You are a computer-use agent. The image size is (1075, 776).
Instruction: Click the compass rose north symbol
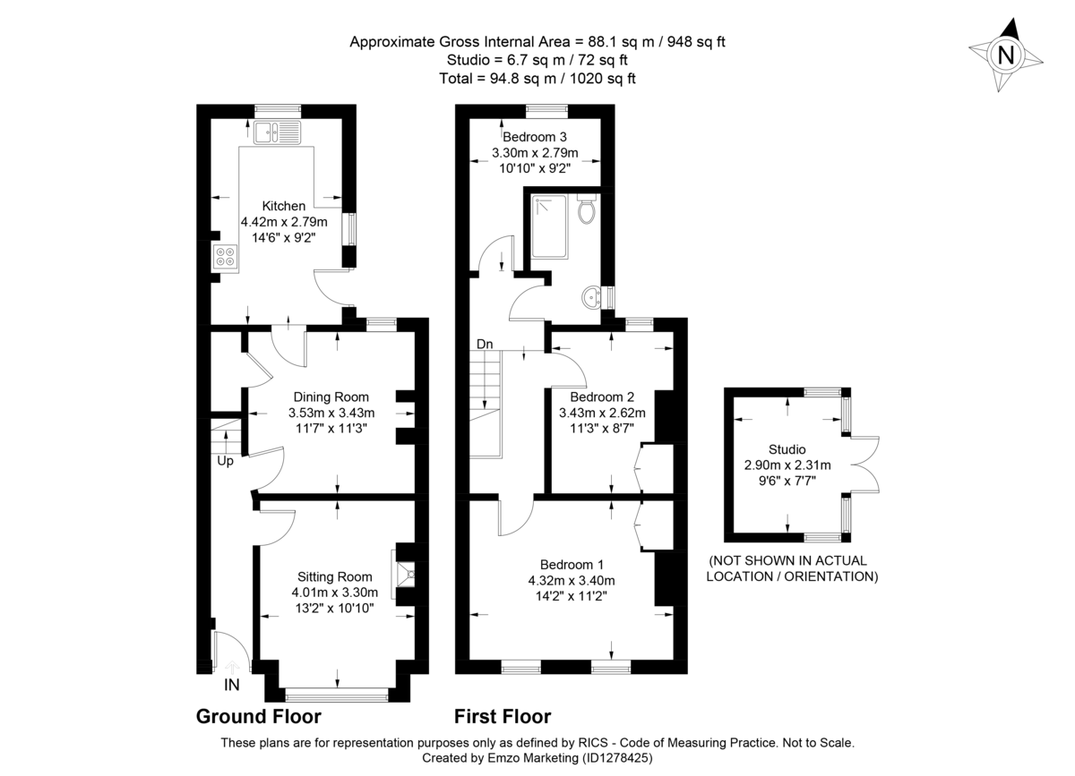[x=1006, y=55]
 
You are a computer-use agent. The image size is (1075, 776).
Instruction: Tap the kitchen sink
[x=279, y=133]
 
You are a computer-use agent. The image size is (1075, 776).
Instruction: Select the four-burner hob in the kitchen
[x=224, y=258]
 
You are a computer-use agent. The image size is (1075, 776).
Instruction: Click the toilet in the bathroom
[x=587, y=210]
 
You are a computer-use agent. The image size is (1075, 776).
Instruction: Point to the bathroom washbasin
[x=591, y=296]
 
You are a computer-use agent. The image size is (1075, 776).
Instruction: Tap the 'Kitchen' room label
[x=284, y=206]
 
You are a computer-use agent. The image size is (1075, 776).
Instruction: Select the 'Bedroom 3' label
[x=535, y=137]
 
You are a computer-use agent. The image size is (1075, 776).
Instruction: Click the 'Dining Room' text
[x=331, y=397]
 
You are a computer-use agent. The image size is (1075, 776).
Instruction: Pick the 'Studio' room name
[x=787, y=449]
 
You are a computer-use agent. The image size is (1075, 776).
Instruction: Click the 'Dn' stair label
[x=485, y=344]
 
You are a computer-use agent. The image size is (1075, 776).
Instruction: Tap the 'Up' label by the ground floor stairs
[x=225, y=461]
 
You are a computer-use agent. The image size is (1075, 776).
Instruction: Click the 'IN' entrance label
[x=232, y=686]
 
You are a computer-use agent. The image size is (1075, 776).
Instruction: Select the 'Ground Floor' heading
[x=258, y=716]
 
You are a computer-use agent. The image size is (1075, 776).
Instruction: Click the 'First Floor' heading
[x=502, y=716]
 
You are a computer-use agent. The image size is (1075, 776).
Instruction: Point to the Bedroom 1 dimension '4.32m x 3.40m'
[x=572, y=580]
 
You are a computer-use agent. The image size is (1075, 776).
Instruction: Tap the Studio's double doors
[x=864, y=465]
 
